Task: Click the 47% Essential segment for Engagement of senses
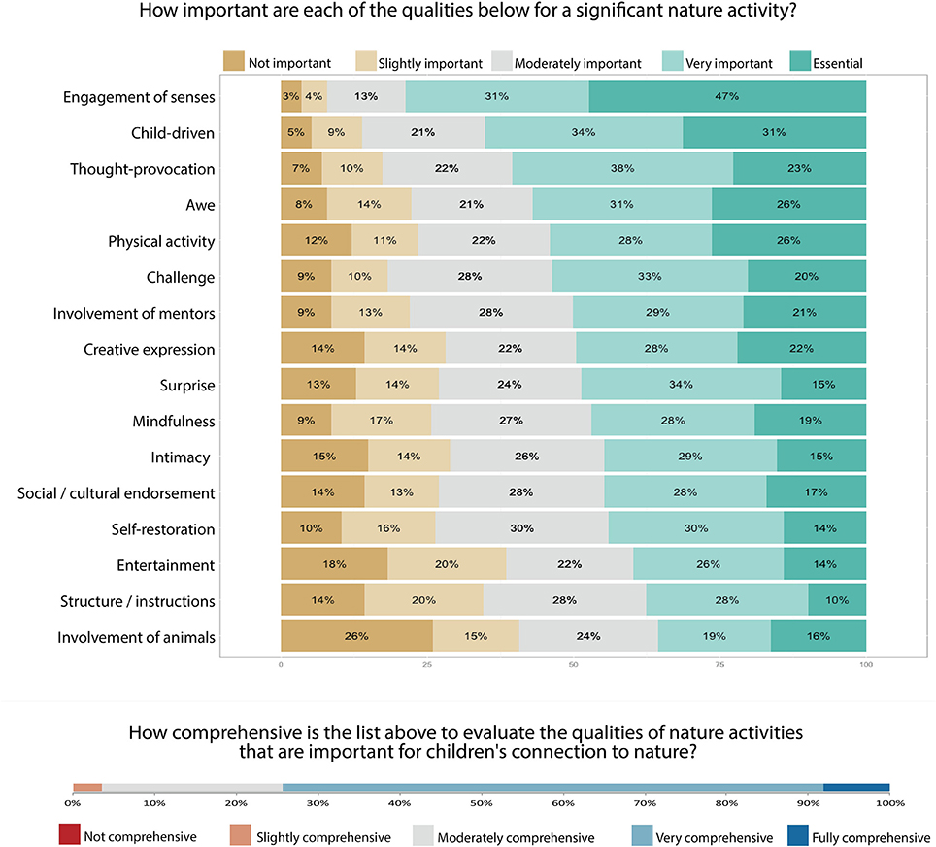click(727, 96)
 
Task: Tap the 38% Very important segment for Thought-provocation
click(622, 169)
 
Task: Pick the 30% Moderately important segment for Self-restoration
click(521, 529)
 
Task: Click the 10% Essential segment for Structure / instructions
click(837, 601)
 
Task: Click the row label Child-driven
click(173, 133)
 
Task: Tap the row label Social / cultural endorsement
click(117, 493)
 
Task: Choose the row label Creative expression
click(149, 349)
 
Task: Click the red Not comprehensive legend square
click(69, 834)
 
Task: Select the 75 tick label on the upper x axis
click(719, 665)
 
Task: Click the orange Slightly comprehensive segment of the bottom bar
click(87, 787)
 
